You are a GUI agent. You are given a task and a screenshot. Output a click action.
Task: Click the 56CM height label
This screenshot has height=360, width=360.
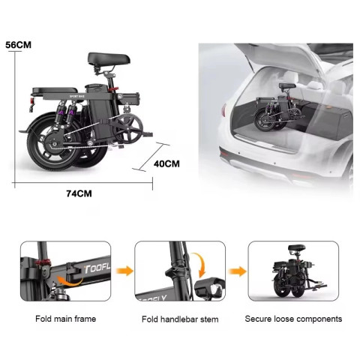[19, 45]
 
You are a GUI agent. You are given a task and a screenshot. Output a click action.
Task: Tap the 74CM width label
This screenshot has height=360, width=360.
[79, 193]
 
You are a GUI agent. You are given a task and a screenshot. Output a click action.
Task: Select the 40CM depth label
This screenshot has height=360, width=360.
[166, 164]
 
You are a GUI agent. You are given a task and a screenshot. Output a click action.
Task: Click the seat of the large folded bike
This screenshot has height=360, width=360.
[109, 59]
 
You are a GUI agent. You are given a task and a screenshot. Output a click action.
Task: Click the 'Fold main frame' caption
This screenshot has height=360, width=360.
[66, 319]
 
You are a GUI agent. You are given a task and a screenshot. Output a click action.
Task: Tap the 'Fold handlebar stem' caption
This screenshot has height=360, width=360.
[180, 319]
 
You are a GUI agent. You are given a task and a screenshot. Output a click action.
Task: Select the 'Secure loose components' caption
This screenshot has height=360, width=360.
[293, 319]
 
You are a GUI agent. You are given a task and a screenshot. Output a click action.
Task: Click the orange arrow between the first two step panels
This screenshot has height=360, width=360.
[124, 271]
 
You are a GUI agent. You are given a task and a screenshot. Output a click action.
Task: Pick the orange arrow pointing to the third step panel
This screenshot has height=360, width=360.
[237, 271]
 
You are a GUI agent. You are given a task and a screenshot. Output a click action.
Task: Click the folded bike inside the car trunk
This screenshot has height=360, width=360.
[277, 107]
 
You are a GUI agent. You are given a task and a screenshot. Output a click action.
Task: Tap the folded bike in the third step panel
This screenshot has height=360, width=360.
[298, 271]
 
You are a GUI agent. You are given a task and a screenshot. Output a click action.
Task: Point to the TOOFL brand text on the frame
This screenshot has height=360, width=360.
[97, 268]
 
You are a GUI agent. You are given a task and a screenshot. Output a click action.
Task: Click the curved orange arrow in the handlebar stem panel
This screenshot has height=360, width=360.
[199, 265]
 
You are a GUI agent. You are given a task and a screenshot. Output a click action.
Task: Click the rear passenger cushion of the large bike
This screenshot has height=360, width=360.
[55, 90]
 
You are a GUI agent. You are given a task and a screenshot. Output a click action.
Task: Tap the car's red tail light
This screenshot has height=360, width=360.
[223, 110]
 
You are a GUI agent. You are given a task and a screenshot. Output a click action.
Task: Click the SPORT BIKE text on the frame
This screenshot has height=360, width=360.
[77, 97]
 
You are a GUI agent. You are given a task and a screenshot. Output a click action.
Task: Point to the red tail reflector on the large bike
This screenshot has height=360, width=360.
[31, 100]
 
